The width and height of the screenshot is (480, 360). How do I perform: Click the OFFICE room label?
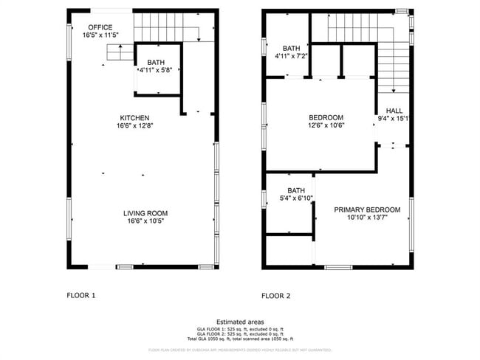[x=100, y=27]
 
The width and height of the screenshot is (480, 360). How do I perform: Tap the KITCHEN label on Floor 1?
[x=135, y=118]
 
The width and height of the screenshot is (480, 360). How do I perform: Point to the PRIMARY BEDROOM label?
[x=367, y=210]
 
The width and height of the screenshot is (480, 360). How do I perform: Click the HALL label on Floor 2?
[x=394, y=110]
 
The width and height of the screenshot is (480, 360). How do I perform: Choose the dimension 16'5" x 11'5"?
[x=100, y=35]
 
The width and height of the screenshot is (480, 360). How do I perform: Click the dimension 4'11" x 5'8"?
[x=156, y=70]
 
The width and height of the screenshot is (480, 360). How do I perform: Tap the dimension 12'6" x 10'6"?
[x=326, y=125]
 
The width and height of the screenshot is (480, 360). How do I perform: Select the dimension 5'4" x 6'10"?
[x=296, y=198]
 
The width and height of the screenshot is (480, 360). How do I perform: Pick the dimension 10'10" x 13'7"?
[x=367, y=218]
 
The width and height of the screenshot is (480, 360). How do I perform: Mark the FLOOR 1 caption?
[x=81, y=296]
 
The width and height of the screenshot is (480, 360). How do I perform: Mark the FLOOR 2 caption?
[x=275, y=296]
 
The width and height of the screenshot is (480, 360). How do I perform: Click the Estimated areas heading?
[x=239, y=321]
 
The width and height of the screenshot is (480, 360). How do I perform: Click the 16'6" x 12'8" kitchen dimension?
[x=135, y=126]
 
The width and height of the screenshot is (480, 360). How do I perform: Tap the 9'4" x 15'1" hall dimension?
[x=394, y=118]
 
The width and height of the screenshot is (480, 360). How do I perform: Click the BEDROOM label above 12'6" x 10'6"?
[x=326, y=117]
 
